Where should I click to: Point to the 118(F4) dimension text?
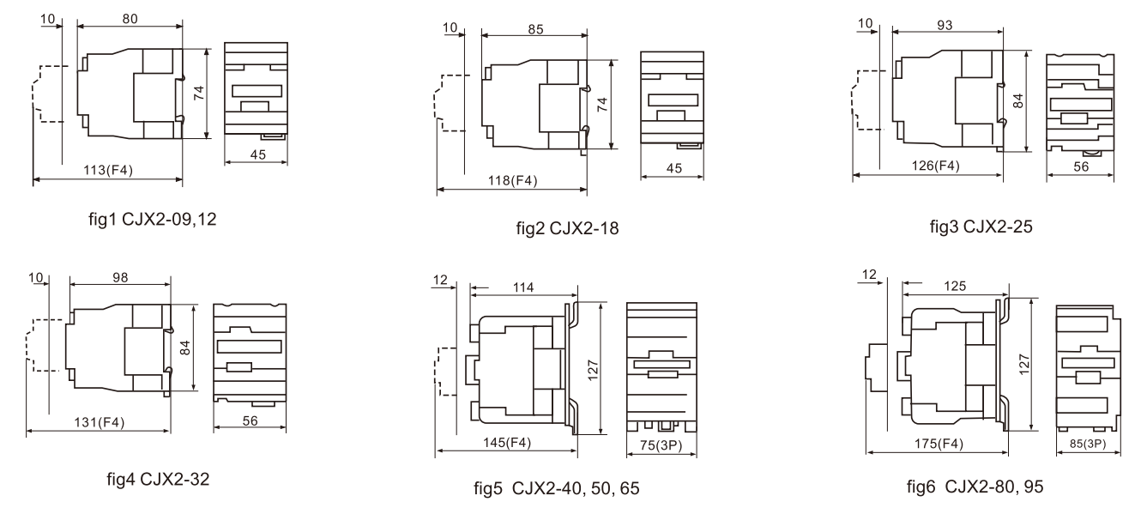click(x=512, y=180)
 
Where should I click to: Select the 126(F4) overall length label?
click(x=927, y=166)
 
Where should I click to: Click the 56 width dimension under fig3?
click(x=1081, y=168)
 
